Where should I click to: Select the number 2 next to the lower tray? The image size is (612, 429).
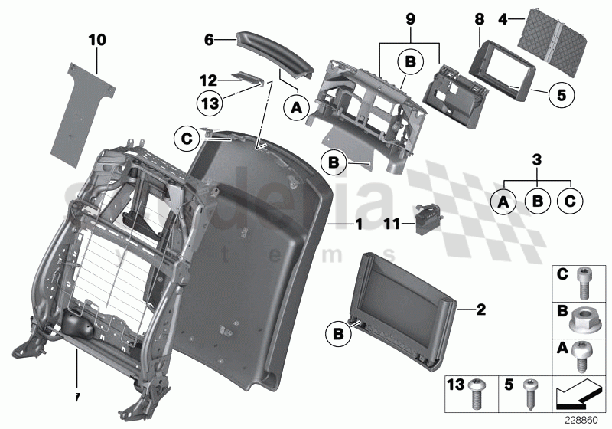(480, 309)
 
